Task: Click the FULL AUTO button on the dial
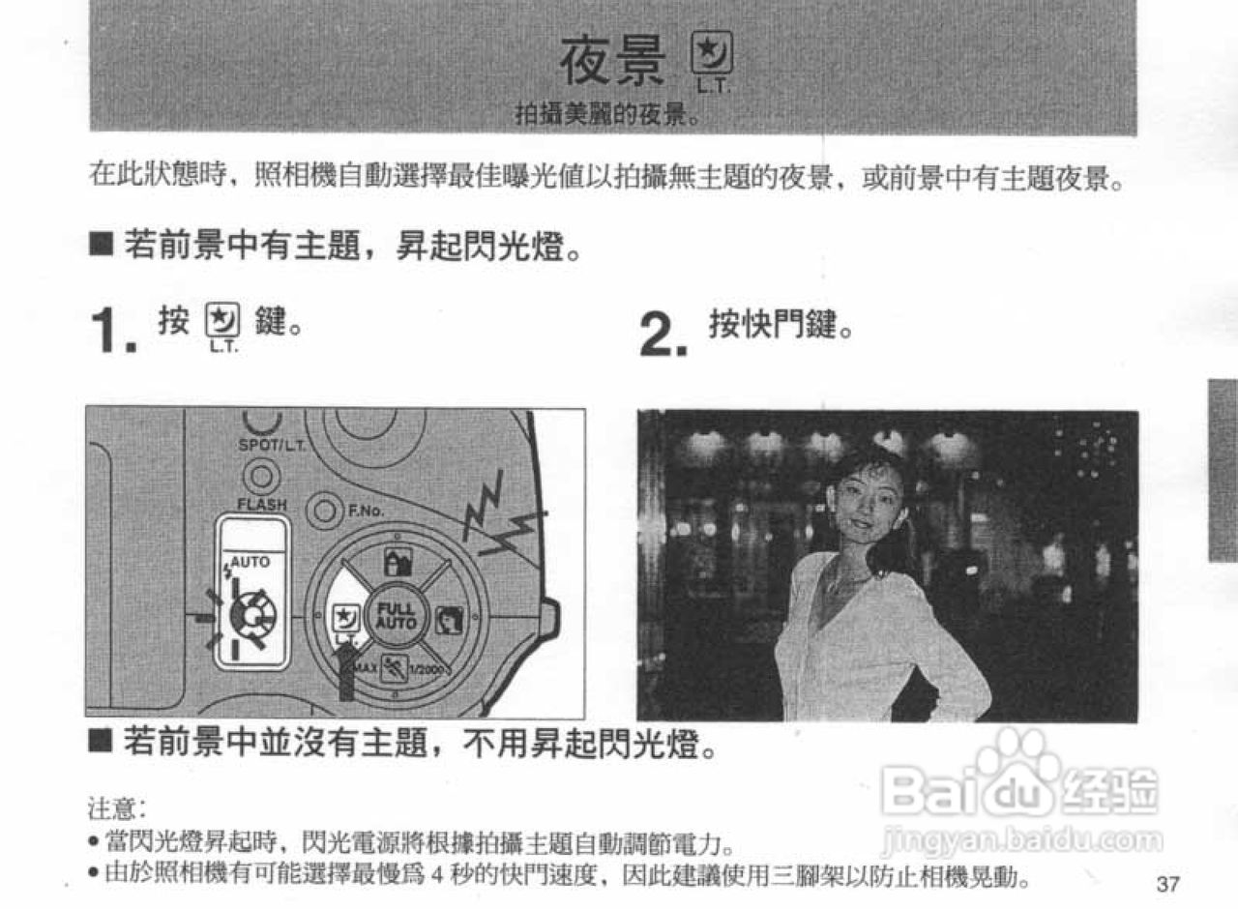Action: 396,616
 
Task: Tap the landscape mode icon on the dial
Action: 395,562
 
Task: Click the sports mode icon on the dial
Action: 396,668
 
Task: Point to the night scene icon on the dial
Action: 342,617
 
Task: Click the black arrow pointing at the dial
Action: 345,672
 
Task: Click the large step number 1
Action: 113,332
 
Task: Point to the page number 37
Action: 1166,884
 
